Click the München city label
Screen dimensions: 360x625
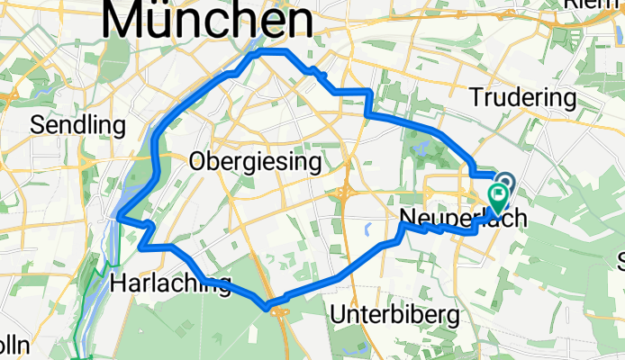click(209, 20)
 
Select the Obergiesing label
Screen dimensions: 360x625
click(256, 162)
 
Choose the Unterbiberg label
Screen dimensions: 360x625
click(395, 315)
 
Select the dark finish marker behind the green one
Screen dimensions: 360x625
click(504, 183)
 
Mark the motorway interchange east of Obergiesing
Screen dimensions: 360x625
click(346, 191)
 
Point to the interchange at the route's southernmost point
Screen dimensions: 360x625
click(275, 310)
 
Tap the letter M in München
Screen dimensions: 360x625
click(125, 20)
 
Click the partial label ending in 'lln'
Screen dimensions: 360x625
click(15, 346)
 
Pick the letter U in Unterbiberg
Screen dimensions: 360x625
click(339, 315)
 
